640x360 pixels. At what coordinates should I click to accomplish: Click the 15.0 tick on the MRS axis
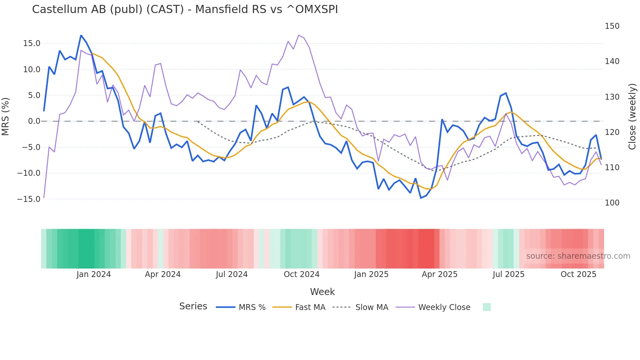click(x=32, y=43)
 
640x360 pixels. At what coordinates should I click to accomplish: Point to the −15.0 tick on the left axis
click(x=29, y=199)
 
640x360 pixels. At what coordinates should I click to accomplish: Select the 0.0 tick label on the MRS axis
click(x=34, y=121)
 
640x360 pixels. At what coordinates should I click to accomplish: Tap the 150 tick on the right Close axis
click(x=612, y=26)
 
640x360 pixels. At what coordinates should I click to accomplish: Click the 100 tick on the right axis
click(x=612, y=203)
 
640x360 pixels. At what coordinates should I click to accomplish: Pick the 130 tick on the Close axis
click(x=612, y=97)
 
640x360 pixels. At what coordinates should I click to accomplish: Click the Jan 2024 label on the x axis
click(x=94, y=274)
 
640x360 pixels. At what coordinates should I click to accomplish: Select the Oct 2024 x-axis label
click(x=301, y=274)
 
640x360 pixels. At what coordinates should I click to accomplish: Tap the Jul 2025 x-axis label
click(x=508, y=274)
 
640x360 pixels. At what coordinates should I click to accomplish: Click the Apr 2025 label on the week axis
click(x=440, y=274)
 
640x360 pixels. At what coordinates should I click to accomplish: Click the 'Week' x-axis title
click(x=322, y=292)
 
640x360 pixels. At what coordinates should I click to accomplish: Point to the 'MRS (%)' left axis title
click(x=6, y=116)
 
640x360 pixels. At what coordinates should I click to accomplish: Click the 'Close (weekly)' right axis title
click(x=632, y=117)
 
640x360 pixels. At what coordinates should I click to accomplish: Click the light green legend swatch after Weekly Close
click(x=487, y=307)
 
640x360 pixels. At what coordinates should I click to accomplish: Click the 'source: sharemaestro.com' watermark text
click(x=578, y=256)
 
